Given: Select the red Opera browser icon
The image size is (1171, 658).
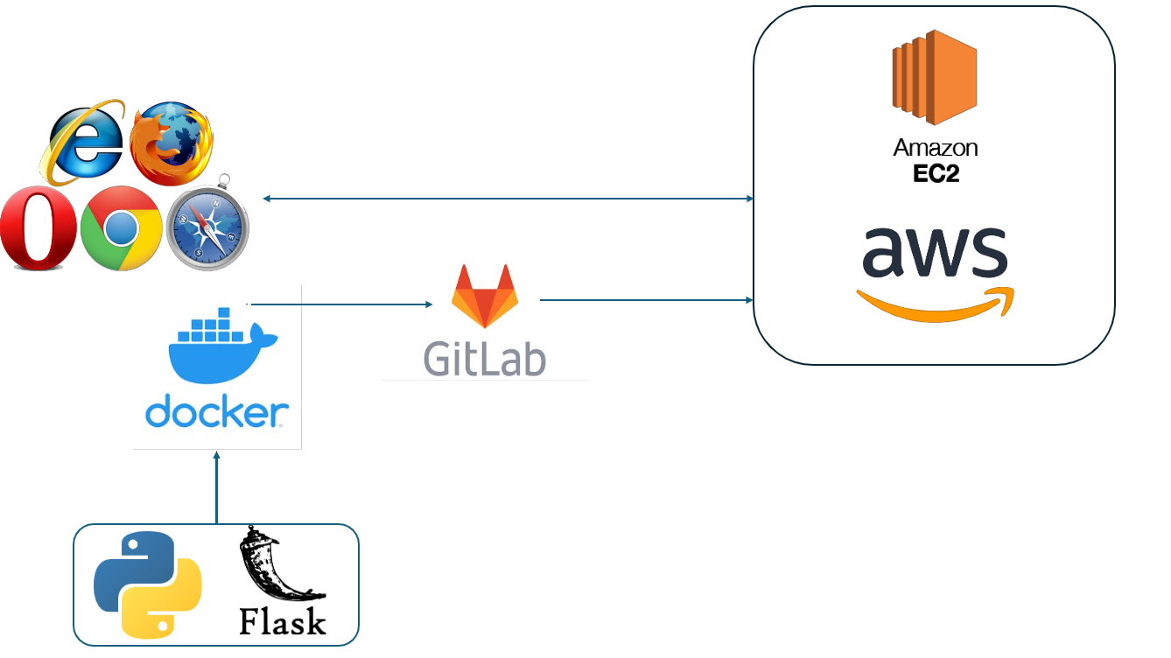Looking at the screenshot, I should [38, 229].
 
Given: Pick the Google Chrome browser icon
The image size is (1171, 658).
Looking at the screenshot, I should [121, 227].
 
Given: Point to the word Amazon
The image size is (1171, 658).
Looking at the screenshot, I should [935, 148].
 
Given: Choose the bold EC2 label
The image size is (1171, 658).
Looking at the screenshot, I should [935, 173].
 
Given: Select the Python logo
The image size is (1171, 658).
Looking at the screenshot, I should [147, 584].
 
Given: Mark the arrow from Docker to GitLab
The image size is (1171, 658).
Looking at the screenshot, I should [341, 304].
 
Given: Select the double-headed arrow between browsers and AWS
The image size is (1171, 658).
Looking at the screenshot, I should [508, 199].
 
